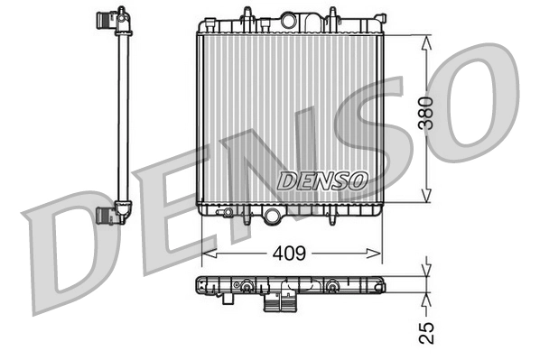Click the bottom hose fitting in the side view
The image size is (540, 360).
[111, 214]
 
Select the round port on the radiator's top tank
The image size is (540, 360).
[289, 20]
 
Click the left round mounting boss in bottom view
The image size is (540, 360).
[246, 288]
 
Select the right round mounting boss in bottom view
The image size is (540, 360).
[333, 288]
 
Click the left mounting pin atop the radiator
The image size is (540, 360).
[246, 14]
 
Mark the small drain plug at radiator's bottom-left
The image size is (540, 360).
[229, 215]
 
